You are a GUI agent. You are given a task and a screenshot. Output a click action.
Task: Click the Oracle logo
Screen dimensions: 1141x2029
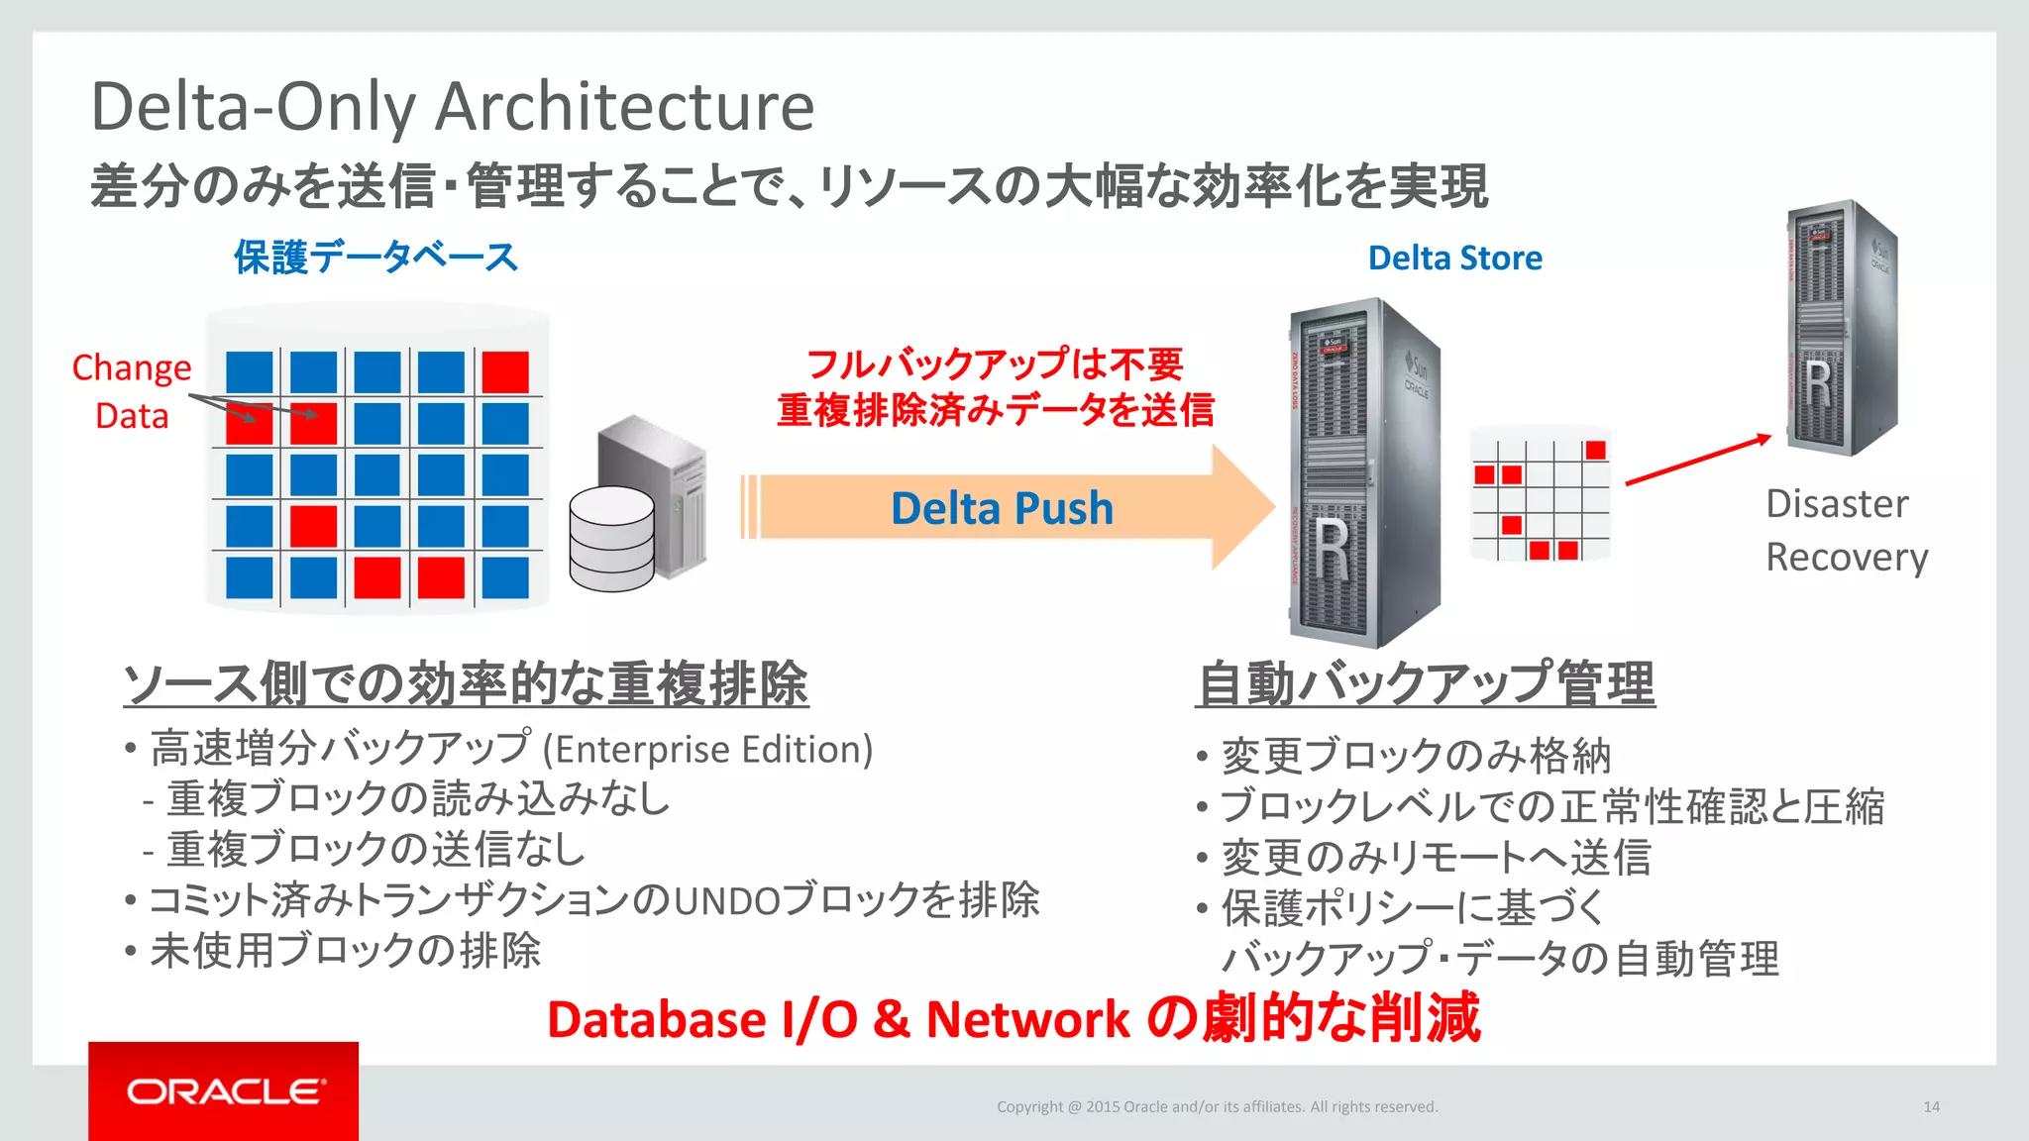pos(224,1090)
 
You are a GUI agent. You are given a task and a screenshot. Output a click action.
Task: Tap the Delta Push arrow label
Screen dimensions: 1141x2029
pos(1002,508)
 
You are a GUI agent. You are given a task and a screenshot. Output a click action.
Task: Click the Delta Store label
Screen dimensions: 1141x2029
pos(1454,258)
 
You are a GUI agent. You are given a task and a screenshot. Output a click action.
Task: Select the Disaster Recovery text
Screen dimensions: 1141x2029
pos(1845,530)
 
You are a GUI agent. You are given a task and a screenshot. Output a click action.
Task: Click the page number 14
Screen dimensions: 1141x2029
pos(1931,1106)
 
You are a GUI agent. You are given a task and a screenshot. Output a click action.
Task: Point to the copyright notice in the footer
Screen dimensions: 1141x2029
pos(1217,1106)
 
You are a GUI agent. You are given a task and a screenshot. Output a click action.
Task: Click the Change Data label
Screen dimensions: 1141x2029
pos(131,391)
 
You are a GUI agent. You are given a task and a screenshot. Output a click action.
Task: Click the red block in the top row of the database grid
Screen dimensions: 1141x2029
pos(505,372)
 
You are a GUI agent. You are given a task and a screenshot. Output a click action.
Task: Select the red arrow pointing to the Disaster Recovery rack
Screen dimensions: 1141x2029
pos(1697,460)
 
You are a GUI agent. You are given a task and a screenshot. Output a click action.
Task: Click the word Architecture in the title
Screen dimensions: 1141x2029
pos(624,106)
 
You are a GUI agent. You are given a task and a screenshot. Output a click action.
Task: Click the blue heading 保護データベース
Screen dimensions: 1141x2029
pos(375,258)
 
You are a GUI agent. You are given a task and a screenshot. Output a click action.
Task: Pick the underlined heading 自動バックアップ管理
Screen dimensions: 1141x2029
pos(1425,683)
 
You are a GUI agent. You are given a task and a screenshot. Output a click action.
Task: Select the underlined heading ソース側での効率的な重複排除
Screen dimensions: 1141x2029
pos(466,683)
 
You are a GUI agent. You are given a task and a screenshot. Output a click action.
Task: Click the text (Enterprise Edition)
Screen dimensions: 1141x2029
pos(707,750)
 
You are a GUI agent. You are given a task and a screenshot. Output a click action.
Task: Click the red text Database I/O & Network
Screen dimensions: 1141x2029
pos(838,1020)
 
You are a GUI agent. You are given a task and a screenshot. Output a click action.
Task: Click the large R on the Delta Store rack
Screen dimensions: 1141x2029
pos(1333,550)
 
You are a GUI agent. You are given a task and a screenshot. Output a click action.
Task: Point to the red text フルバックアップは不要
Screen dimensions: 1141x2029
pos(995,363)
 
